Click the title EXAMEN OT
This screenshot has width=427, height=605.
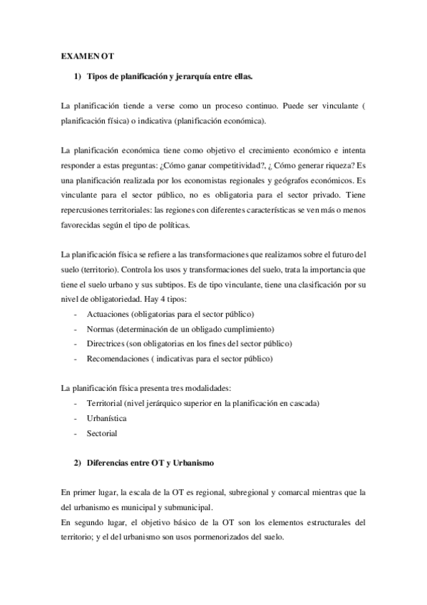[87, 54]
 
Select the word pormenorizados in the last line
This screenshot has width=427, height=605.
[214, 536]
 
